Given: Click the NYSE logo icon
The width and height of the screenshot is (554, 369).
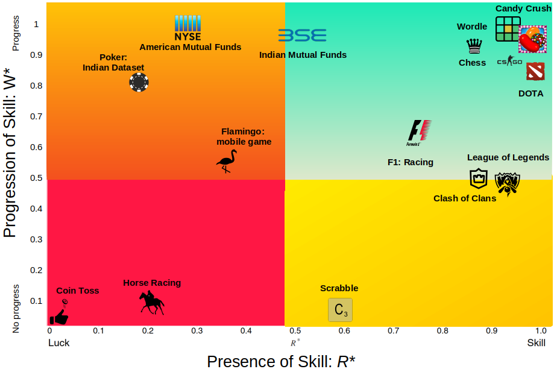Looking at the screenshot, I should click(187, 28).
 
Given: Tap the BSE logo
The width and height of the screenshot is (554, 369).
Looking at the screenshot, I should click(302, 36).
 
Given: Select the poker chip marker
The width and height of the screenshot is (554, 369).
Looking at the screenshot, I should click(139, 82).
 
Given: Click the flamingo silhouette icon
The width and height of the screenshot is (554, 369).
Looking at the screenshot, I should click(227, 162).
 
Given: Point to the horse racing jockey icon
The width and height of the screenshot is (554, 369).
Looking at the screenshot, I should click(151, 303).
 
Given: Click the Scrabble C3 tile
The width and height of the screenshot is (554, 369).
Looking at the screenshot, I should click(340, 310).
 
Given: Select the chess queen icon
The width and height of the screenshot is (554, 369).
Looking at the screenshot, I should click(474, 46).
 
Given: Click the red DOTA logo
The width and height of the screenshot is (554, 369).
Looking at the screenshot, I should click(535, 72).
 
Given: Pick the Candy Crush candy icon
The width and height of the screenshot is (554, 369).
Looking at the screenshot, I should click(532, 40).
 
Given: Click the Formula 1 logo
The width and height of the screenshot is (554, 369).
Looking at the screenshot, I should click(420, 133).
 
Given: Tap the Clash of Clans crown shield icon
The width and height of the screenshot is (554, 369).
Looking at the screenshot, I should click(478, 178).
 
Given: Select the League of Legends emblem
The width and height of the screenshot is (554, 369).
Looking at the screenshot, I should click(507, 183).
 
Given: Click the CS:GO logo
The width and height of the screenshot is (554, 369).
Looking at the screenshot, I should click(509, 61).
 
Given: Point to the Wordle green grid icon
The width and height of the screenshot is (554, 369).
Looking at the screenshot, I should click(508, 29).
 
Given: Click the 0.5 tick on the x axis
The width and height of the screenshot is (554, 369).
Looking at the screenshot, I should click(295, 330).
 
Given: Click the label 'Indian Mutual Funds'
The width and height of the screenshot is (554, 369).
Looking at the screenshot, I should click(303, 55).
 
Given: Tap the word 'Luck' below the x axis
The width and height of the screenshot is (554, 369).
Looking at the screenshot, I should click(58, 343).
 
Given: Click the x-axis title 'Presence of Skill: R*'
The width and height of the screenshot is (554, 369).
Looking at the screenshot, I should click(281, 361).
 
